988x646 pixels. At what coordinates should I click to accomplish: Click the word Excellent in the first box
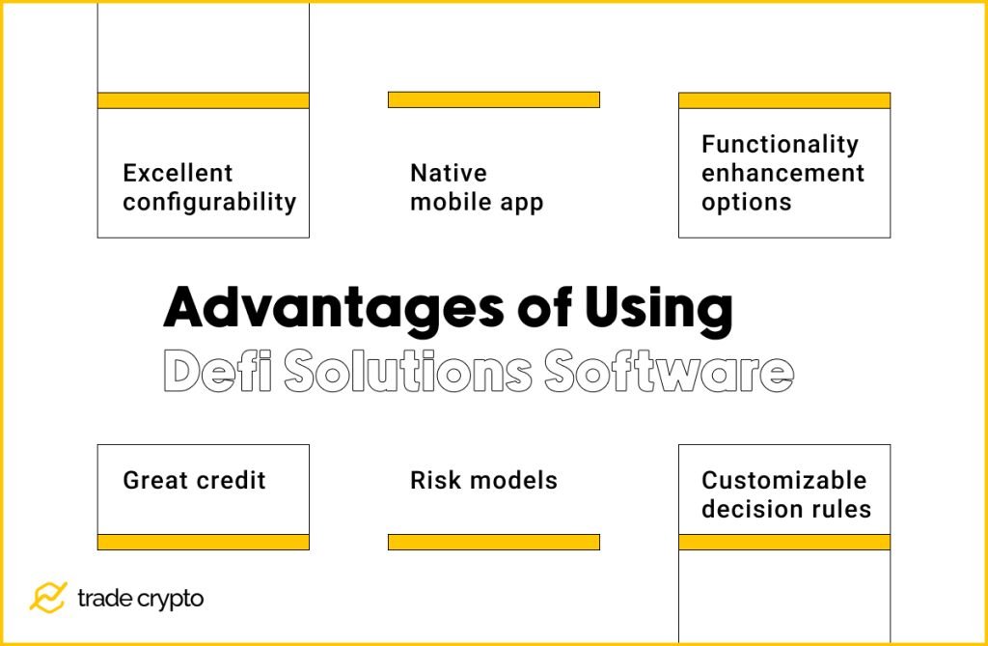(x=178, y=174)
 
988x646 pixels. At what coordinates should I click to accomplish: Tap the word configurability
(x=208, y=203)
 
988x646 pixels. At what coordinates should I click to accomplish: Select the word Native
(x=449, y=174)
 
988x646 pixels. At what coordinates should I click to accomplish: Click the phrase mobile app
(x=477, y=203)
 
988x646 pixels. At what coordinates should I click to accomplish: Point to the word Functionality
(x=780, y=145)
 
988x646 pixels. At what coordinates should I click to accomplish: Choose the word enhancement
(x=782, y=174)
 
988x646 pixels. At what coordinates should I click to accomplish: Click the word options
(x=746, y=203)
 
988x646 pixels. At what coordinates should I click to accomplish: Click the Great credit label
(x=194, y=481)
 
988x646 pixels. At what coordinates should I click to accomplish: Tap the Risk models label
(x=483, y=481)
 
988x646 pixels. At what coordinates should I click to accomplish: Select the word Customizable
(x=783, y=481)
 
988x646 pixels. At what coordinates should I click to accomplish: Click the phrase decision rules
(x=785, y=510)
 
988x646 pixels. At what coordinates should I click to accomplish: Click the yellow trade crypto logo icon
(x=47, y=598)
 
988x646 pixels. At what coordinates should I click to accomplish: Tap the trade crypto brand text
(x=140, y=599)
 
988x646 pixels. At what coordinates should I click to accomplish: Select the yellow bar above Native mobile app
(x=493, y=99)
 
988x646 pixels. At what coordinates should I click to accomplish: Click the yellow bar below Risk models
(x=493, y=542)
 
